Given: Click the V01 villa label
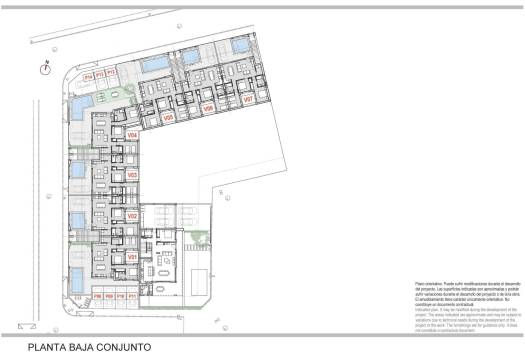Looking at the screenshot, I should tap(131, 257).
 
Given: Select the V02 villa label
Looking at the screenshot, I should tap(131, 216).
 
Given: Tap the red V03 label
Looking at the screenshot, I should tap(131, 175).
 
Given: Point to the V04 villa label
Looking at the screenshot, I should tap(131, 134).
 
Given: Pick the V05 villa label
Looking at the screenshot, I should tap(169, 117).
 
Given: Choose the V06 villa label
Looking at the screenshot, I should tap(208, 107).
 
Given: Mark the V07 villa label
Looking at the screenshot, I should tap(247, 100).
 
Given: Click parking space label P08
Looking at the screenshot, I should tap(98, 297).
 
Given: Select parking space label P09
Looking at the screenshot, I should tap(109, 297).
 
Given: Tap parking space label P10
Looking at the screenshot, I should tap(120, 297).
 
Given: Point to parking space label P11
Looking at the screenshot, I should tap(132, 297).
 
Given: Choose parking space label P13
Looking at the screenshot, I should tap(100, 74).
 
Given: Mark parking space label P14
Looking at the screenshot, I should tap(88, 75).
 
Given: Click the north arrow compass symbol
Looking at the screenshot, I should tap(45, 68).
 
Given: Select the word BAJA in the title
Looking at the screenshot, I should tap(87, 347).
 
